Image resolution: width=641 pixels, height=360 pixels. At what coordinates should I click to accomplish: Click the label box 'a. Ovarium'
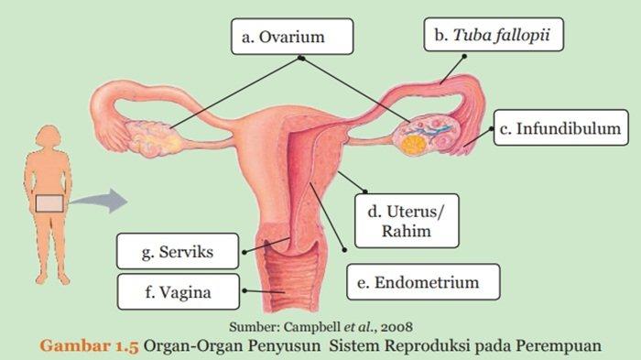tap(291, 38)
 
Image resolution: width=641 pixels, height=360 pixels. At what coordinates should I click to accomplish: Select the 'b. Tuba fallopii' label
tap(493, 38)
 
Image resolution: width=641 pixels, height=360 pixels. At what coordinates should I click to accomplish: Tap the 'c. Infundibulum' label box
tap(561, 129)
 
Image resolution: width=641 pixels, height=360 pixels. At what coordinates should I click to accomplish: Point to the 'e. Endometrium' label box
tap(425, 282)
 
